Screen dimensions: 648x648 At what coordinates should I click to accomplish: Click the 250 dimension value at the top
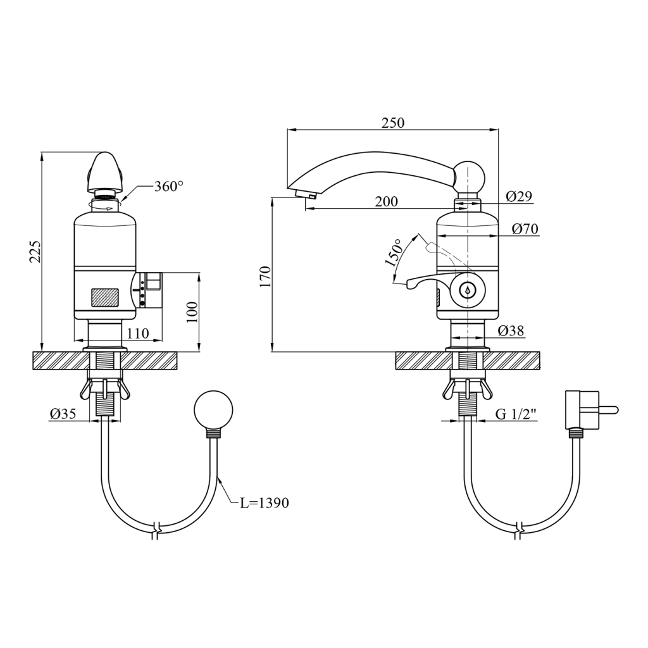pos(392,123)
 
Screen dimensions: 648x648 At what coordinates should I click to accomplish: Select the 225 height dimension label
pos(35,252)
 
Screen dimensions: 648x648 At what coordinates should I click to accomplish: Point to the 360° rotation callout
pos(168,187)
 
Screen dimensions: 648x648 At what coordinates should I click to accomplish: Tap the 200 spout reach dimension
pos(386,201)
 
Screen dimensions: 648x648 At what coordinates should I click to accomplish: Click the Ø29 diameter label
pos(520,196)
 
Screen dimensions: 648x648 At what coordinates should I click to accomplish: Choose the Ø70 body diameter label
pos(525,228)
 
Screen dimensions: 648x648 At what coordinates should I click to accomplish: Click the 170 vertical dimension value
pos(265,277)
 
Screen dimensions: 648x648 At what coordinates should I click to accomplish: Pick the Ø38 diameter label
pos(511,330)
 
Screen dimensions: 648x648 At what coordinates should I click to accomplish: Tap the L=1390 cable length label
pos(265,503)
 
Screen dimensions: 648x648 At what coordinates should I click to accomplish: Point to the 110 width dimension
pos(137,333)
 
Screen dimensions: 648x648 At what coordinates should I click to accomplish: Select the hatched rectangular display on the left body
pos(105,297)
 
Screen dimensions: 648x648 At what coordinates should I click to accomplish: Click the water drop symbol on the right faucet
pos(468,290)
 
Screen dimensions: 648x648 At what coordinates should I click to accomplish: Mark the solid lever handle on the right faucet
pos(430,283)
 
